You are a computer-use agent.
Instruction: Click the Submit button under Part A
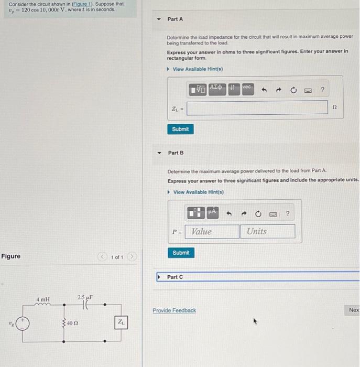point(180,129)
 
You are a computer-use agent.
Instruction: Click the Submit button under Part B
point(181,253)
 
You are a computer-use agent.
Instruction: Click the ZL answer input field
point(257,107)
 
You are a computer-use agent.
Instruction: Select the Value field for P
point(212,232)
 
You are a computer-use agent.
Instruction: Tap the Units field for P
point(268,232)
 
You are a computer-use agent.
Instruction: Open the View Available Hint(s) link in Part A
point(198,69)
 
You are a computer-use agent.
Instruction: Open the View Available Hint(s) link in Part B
point(199,192)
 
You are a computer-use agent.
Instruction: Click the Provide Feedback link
point(174,310)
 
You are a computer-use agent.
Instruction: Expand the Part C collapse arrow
point(159,277)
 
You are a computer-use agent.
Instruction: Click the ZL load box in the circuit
point(121,322)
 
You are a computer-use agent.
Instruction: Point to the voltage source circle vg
point(23,323)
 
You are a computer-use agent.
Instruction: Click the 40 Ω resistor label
point(72,323)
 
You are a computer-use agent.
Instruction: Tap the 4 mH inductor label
point(43,299)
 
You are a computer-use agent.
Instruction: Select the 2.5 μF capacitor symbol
point(85,305)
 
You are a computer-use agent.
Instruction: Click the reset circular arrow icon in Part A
point(293,90)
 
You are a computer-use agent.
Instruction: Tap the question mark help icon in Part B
point(288,213)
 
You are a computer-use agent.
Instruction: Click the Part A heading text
point(175,19)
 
